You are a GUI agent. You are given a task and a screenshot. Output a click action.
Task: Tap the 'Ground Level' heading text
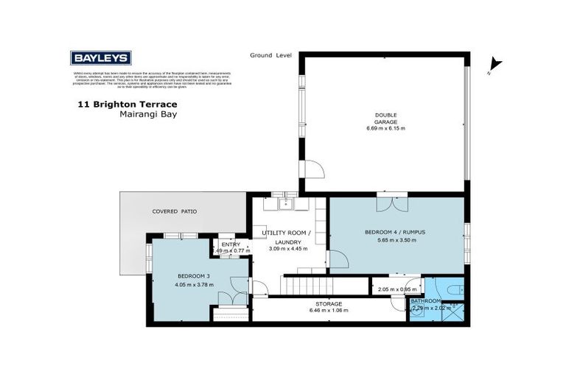point(270,55)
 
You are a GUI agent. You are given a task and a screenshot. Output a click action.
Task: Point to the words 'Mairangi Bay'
point(148,115)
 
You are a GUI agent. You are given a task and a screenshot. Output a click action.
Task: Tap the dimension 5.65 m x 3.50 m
point(396,241)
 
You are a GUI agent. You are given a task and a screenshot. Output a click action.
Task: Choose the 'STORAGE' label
point(329,303)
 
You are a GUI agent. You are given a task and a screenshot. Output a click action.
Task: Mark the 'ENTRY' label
point(226,244)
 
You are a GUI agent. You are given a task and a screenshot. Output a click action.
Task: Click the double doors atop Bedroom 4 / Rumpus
point(391,202)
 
